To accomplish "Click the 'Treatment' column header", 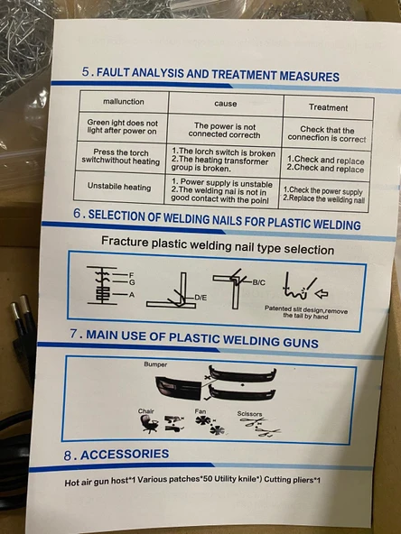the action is (328, 107).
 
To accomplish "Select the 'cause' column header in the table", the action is (226, 104).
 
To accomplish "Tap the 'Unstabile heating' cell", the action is (119, 187).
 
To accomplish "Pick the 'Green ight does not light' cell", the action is (122, 126).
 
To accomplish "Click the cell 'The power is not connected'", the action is (224, 131).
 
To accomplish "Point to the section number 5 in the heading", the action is (85, 71).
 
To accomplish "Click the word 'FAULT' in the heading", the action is (113, 72).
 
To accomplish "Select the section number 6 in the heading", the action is (77, 214).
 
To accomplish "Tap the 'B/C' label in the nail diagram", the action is (259, 282).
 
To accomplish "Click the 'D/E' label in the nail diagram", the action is (200, 298).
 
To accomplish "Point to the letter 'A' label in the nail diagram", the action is (132, 295).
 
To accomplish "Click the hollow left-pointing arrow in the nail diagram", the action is (321, 293).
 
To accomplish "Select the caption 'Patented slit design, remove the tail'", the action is (306, 313).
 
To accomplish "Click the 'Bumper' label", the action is (155, 364).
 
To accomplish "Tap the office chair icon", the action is (150, 425).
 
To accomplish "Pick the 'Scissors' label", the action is (249, 414).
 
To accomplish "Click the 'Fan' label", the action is (200, 411).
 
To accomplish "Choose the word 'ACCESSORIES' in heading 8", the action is (125, 455).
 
